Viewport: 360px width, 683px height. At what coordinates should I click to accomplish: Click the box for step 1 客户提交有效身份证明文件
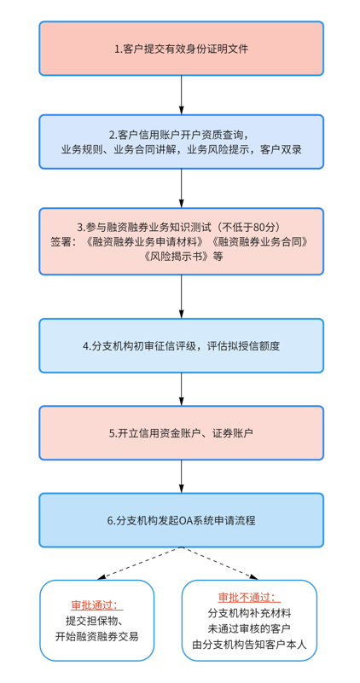point(182,49)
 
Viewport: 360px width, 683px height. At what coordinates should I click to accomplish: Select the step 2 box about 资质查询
point(182,142)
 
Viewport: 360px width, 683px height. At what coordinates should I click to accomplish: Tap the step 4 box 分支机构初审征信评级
point(182,346)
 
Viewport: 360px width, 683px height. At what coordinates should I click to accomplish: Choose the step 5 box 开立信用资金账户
point(182,433)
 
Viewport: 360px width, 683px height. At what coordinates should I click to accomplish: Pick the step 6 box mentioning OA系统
point(182,520)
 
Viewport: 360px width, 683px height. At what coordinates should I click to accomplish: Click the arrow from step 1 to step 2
point(182,95)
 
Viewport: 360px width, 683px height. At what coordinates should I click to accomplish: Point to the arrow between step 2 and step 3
point(182,188)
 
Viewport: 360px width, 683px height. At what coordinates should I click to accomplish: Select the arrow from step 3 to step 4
point(182,297)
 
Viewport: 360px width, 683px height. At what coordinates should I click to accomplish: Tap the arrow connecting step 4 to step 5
point(182,390)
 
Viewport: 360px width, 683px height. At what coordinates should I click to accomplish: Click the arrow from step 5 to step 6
point(182,477)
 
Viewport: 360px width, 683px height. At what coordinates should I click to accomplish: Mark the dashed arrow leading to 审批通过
point(139,564)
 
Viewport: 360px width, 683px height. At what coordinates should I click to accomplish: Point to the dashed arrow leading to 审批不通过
point(219,564)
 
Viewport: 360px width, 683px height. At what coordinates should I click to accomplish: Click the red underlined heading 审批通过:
point(96,605)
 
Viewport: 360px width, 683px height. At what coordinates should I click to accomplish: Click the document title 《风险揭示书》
point(176,257)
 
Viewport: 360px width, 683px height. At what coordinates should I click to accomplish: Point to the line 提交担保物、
point(96,621)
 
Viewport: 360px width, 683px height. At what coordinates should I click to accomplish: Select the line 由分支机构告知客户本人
point(249,645)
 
